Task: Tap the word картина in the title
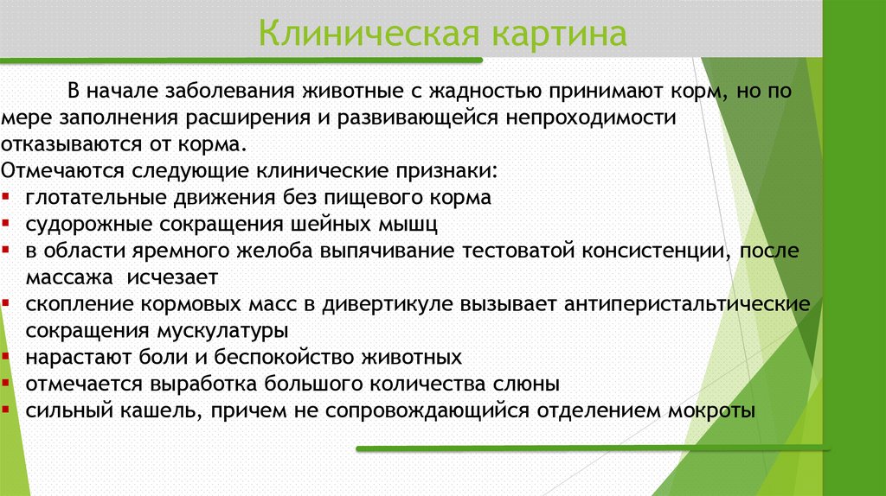pos(559,35)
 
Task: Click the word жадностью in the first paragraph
pos(477,91)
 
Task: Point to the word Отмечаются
pos(53,169)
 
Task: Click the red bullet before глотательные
pos(7,198)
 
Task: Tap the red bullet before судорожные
pos(7,225)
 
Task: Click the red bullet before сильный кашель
pos(7,410)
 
